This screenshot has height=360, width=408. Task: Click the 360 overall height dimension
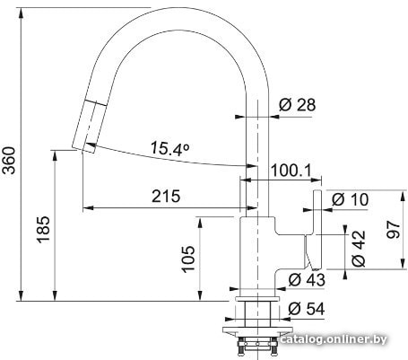[10, 160]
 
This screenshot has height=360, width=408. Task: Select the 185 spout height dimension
[43, 229]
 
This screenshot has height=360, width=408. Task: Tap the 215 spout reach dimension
[166, 196]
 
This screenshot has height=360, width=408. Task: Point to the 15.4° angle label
[170, 148]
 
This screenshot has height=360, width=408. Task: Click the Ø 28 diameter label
[297, 105]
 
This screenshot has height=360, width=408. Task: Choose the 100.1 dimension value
[291, 171]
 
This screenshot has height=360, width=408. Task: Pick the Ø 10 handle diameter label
[350, 199]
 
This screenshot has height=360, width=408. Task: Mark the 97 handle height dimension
[394, 230]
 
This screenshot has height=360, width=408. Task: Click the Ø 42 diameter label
[359, 249]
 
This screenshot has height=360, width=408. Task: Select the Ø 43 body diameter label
[307, 280]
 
